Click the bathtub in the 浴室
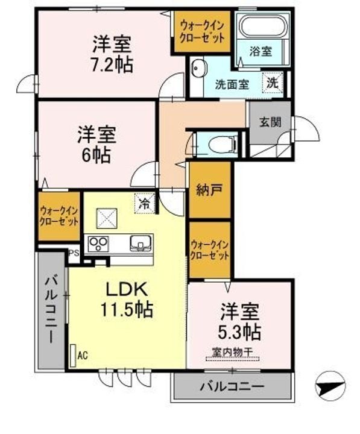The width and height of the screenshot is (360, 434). point(262,27)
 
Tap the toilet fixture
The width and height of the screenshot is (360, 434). point(223,144)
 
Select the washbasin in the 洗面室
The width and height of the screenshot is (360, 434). point(198,69)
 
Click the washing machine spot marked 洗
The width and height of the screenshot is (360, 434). point(273,83)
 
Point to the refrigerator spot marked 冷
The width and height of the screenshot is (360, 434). point(144,204)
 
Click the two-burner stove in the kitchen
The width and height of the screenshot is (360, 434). point(98,244)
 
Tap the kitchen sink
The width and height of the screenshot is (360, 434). point(141,244)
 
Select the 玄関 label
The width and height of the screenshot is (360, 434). point(270,122)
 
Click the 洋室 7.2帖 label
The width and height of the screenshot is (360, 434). point(112,54)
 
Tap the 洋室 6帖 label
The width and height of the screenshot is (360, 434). point(96,145)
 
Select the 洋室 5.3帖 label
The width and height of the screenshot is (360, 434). point(240,321)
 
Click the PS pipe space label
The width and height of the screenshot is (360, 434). point(74,253)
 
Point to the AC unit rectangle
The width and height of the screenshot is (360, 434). point(73,356)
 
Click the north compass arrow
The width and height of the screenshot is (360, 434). point(330,386)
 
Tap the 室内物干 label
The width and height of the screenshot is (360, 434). point(232,352)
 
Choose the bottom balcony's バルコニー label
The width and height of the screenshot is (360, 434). point(232,386)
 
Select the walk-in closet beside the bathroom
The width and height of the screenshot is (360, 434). point(202,31)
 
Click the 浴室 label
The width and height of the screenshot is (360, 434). point(261,51)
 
